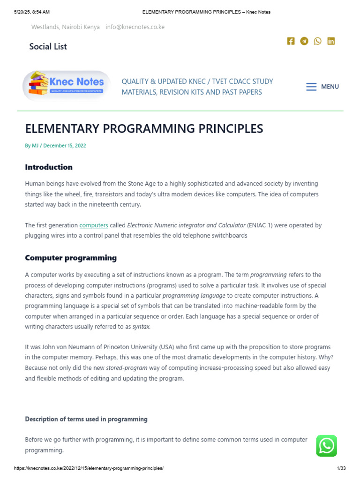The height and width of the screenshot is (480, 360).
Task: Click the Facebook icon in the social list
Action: (291, 41)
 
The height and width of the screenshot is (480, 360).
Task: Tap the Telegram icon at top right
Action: (304, 41)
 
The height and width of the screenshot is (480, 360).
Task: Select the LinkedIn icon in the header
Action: (331, 41)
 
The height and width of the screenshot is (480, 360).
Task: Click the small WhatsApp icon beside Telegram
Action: (318, 41)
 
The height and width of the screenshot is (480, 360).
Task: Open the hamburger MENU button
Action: (322, 87)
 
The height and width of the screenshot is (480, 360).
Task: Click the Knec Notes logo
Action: (67, 85)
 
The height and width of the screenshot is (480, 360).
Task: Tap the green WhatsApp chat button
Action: (326, 446)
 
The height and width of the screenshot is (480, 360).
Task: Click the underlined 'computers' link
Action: (94, 225)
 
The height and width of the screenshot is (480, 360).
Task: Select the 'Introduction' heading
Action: (49, 167)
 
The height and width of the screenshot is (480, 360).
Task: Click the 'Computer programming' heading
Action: (71, 258)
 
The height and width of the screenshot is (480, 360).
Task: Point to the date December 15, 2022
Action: (65, 146)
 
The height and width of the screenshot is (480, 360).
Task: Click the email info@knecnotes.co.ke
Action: (135, 27)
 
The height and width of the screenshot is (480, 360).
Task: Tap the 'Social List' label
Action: (48, 46)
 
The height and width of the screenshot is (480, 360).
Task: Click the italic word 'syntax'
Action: (141, 327)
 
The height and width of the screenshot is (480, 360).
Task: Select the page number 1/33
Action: (341, 468)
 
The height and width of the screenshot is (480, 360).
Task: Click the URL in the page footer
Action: (89, 468)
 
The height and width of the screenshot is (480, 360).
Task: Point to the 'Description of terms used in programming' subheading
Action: (86, 419)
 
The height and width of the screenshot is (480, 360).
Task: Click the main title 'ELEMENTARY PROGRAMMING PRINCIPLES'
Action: (144, 129)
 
